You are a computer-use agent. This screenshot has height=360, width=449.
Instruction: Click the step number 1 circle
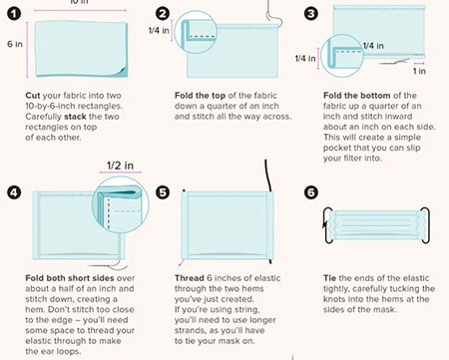point(14,14)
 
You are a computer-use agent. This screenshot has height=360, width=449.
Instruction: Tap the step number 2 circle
point(163,14)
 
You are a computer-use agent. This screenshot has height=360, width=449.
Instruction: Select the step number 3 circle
point(311,14)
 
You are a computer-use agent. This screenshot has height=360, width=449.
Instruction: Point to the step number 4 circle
point(14,192)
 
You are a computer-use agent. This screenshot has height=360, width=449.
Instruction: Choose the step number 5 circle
point(163,192)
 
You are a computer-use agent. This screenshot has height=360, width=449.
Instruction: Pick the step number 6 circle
point(311,192)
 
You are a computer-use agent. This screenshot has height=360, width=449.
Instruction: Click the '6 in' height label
point(15,44)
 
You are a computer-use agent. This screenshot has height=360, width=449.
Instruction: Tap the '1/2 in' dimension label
point(120,166)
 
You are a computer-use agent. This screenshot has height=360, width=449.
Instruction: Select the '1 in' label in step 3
point(419,71)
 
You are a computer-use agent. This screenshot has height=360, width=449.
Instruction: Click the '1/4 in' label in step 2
point(159,31)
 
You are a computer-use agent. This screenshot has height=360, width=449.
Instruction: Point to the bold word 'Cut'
point(33,96)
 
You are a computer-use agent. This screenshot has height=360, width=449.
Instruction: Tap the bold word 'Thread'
point(190,278)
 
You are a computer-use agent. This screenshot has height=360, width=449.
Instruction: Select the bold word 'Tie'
point(329,278)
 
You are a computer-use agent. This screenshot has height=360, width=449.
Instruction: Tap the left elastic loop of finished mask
point(325,225)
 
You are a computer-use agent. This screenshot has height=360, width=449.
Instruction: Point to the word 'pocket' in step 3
point(337,148)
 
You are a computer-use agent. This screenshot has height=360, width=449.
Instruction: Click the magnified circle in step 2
point(196,32)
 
